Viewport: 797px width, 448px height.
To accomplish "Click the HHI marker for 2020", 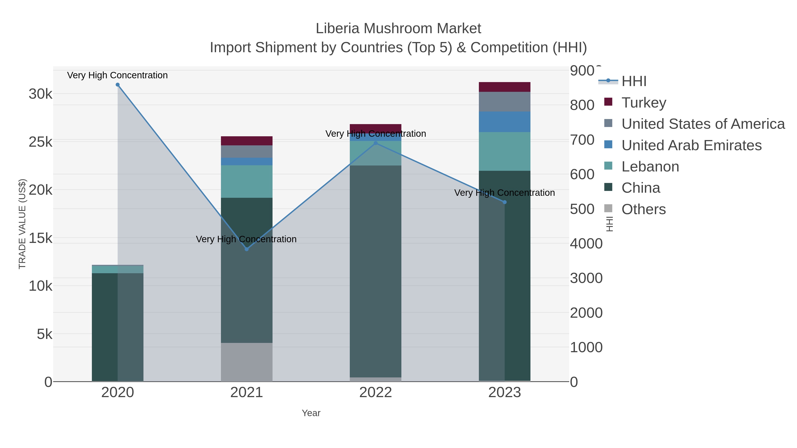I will [x=118, y=85].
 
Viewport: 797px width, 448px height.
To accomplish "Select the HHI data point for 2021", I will [x=247, y=249].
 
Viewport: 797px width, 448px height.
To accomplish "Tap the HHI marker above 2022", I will [x=376, y=143].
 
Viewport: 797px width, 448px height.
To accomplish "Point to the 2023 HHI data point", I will [x=505, y=202].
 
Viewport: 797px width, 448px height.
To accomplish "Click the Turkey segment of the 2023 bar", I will [x=505, y=87].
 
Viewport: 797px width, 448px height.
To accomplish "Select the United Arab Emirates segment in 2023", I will [x=505, y=122].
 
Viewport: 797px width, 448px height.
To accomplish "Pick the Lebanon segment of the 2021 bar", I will [x=247, y=181].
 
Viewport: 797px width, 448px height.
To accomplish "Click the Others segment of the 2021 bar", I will [x=247, y=362].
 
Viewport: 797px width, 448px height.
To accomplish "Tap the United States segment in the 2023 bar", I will [x=505, y=102].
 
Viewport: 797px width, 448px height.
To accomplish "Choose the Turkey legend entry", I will [x=644, y=103].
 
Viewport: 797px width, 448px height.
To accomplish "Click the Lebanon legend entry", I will [x=650, y=167].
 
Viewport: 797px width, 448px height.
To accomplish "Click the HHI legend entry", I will [x=634, y=81].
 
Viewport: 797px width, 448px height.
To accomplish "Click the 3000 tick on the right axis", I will [x=586, y=278].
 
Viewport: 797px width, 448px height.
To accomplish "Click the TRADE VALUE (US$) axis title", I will [x=22, y=224].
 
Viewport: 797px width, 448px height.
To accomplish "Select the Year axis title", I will [x=311, y=413].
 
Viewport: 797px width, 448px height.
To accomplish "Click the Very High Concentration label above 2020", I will [x=118, y=75].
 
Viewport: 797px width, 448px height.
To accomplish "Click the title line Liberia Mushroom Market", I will [x=398, y=29].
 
